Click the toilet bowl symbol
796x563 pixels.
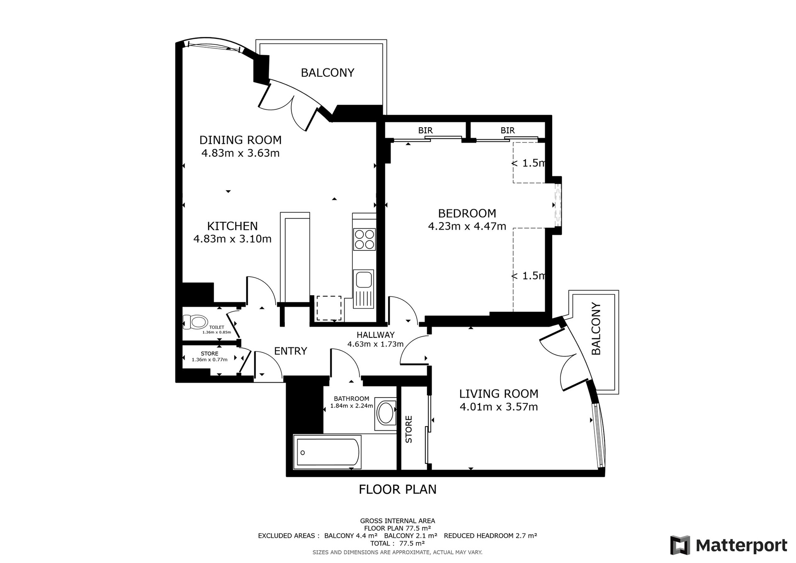click(195, 322)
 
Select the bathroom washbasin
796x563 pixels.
click(387, 413)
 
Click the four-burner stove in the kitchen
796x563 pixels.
click(364, 239)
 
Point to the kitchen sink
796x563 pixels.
click(364, 289)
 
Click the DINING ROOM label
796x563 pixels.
click(240, 140)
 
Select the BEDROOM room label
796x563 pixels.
click(467, 214)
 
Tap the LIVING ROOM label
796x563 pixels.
click(499, 394)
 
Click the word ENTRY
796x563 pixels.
click(291, 351)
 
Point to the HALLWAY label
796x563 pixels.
click(376, 335)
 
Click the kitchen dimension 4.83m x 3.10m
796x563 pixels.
click(233, 239)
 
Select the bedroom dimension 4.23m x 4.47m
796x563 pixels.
click(467, 226)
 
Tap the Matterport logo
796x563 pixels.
click(729, 545)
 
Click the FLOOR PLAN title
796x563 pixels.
click(398, 490)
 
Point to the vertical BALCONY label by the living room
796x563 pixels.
click(596, 329)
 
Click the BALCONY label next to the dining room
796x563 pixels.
click(328, 73)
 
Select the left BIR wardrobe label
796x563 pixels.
click(425, 131)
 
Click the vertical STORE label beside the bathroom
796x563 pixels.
click(409, 430)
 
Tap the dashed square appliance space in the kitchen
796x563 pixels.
click(329, 308)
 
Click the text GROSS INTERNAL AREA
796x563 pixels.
click(398, 521)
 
